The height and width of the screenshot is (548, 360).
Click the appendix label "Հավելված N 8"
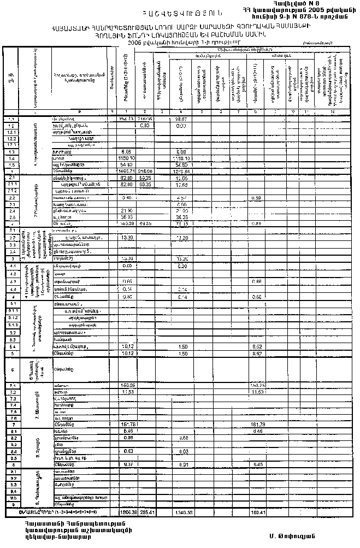coord(294,4)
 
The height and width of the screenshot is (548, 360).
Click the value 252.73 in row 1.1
coord(126,118)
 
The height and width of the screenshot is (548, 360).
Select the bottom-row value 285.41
coord(146,513)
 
